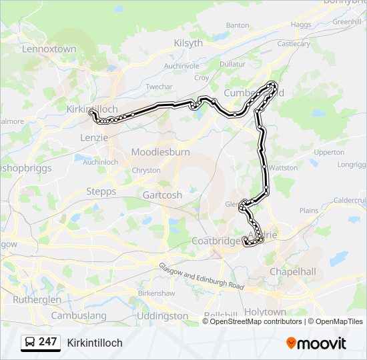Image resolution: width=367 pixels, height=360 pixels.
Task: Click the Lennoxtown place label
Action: [49, 49]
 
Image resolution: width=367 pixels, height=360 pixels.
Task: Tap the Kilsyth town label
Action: [188, 43]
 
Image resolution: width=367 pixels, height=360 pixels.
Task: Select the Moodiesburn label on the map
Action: [160, 152]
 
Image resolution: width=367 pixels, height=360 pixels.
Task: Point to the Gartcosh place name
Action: [162, 195]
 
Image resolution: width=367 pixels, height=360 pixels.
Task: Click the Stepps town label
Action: [101, 191]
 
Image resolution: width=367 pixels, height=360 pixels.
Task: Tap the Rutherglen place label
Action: [37, 299]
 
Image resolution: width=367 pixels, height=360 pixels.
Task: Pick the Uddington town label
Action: [161, 315]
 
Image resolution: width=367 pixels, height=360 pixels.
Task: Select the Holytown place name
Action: [265, 312]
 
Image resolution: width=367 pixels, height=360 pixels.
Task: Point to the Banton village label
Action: [238, 25]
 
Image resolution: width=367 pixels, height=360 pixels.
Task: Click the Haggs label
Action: [301, 25]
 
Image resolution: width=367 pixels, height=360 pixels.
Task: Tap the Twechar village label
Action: [159, 87]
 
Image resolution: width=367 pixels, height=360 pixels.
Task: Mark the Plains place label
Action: [309, 210]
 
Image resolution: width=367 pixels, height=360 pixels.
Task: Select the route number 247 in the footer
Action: [48, 342]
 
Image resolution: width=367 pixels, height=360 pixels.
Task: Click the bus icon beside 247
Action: [31, 343]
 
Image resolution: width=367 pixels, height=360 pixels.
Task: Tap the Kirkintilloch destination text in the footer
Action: [95, 343]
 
